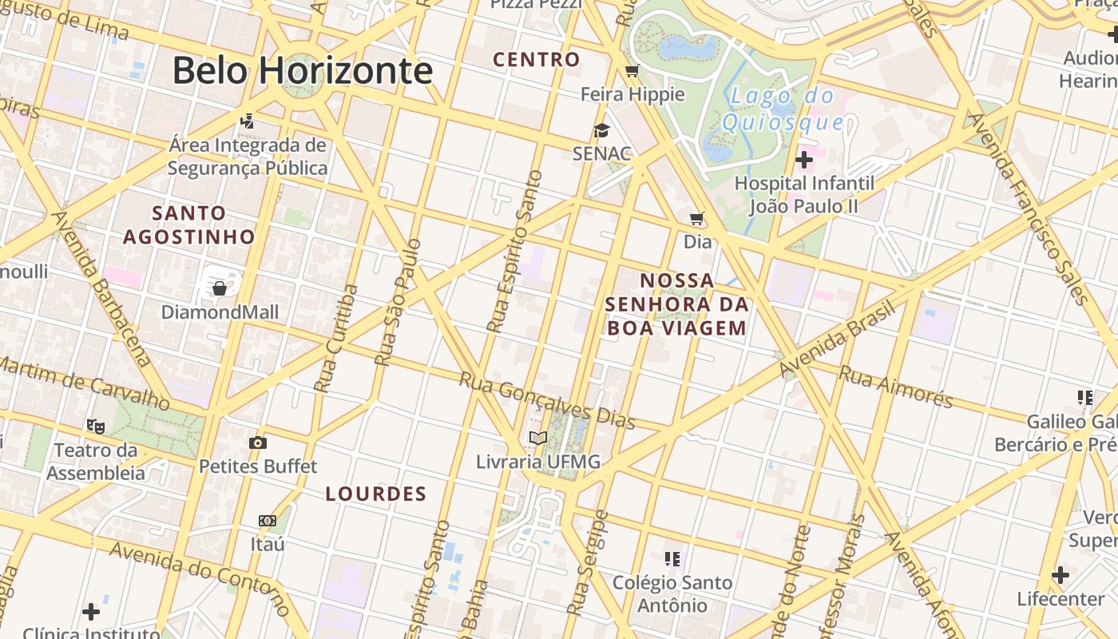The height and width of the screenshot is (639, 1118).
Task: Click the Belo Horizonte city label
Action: pos(303,70)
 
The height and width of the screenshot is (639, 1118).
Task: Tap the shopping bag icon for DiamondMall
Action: pos(220,288)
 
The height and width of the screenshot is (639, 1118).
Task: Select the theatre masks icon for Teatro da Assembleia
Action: pos(96,426)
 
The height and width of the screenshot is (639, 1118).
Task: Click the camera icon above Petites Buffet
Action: pos(257,443)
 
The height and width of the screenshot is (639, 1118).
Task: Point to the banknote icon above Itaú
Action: pos(268,521)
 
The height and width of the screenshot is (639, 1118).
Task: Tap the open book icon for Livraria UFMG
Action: pos(538,438)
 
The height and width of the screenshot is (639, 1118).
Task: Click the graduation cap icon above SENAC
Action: pos(601,130)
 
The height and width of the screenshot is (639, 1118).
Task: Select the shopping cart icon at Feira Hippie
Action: pos(632,71)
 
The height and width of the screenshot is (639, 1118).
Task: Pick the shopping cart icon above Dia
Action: pos(697,218)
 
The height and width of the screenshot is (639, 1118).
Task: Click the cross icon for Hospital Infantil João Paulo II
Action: pos(804,160)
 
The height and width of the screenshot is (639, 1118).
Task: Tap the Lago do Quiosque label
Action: pos(783,109)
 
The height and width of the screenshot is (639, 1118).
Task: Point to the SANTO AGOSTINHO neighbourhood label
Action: pos(189,224)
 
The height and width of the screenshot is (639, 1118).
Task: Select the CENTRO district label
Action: pos(537,60)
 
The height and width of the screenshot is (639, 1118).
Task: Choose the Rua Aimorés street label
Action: pos(897,386)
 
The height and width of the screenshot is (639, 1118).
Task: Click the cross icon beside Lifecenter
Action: pos(1061,575)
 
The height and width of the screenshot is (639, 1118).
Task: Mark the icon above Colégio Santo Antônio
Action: pos(672,558)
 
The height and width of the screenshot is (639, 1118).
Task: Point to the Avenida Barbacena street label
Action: pos(101,288)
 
